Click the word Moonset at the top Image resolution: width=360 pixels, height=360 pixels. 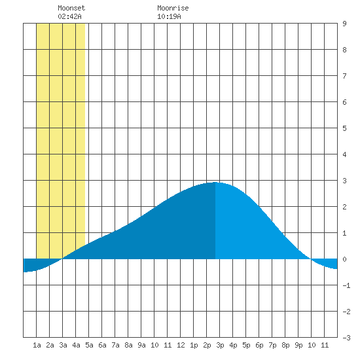pos(71,8)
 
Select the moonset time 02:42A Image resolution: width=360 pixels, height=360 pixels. pos(69,16)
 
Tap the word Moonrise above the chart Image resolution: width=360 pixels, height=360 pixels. pos(173,8)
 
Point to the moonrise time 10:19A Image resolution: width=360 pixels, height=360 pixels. pos(169,16)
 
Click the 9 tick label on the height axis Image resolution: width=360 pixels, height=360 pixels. pos(344,24)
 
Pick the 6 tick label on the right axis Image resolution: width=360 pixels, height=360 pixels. pos(344,102)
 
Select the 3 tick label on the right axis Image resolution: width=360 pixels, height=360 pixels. pos(344,181)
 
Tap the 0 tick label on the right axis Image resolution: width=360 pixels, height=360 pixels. pos(344,259)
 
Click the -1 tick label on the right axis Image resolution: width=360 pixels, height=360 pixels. pos(346,285)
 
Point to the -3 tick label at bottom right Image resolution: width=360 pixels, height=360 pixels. pos(346,338)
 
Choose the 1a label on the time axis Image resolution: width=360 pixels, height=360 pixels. pos(37,345)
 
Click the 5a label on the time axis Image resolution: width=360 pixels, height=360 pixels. pos(89,345)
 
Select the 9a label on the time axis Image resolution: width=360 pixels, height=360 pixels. pos(141,345)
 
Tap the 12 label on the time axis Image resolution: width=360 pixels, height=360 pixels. pos(181,345)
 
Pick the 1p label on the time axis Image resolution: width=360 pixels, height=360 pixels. pos(194,345)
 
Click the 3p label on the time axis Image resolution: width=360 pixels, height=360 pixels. pos(220,345)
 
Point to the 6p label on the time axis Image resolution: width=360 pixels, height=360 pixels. pos(259,345)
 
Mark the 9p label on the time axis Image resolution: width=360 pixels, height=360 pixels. pos(298,345)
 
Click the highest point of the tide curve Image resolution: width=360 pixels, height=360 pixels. pos(215,183)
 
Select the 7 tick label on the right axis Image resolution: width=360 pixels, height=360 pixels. pos(344,76)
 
